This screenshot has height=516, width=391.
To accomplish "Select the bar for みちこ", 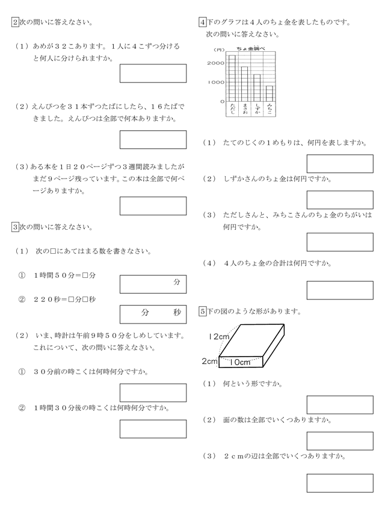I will pyautogui.click(x=270, y=93).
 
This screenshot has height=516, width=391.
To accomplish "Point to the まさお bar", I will pyautogui.click(x=244, y=84).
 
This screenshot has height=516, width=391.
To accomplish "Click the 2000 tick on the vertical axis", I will pyautogui.click(x=215, y=63).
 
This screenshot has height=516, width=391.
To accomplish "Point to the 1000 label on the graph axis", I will pyautogui.click(x=215, y=82).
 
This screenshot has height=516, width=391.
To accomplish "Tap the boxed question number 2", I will pyautogui.click(x=14, y=23).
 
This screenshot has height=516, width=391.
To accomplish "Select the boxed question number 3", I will pyautogui.click(x=14, y=227).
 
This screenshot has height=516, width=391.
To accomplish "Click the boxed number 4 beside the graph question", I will pyautogui.click(x=202, y=23).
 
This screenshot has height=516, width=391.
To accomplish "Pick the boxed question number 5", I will pyautogui.click(x=202, y=312).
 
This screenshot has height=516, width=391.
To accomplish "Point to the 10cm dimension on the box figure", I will pyautogui.click(x=240, y=362).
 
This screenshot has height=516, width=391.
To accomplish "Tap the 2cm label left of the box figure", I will pyautogui.click(x=209, y=361).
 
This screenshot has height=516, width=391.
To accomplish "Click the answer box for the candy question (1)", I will pyautogui.click(x=153, y=73).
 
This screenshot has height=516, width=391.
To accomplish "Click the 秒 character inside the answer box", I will pyautogui.click(x=177, y=313).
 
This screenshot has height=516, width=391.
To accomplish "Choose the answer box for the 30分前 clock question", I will pyautogui.click(x=153, y=393).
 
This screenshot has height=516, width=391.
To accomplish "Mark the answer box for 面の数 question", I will pyautogui.click(x=340, y=441).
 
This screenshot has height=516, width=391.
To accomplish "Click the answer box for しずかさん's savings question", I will pyautogui.click(x=340, y=200).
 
